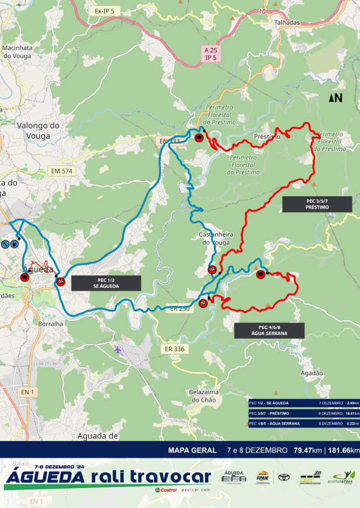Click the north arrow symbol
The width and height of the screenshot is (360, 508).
336,98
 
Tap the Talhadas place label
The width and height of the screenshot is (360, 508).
287,23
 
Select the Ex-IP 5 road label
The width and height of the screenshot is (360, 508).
104,10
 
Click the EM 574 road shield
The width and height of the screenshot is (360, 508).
62,171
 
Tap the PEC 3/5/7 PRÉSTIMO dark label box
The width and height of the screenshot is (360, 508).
317,204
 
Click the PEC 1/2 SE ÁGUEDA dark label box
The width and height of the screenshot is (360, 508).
106,283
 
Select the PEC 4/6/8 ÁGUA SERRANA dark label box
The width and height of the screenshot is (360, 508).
269,331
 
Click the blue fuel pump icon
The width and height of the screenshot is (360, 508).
14,244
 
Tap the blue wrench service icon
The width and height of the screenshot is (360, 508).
4,244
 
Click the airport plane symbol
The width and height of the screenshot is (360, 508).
118,349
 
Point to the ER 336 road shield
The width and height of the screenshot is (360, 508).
175,349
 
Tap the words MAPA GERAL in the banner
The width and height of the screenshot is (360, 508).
192,450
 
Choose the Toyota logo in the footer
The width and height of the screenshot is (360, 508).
284,477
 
